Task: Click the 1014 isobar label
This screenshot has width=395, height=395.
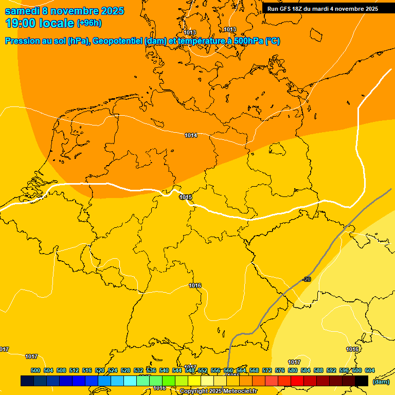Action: [x=191, y=135]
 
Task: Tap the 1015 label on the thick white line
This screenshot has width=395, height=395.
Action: [x=186, y=197]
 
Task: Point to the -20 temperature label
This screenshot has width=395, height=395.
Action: [x=307, y=279]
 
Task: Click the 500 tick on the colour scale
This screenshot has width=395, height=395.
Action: [x=35, y=370]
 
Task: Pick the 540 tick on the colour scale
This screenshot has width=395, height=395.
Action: [x=164, y=370]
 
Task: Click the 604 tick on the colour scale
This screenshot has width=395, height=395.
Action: [x=370, y=370]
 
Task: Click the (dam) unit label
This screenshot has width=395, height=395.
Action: [x=381, y=382]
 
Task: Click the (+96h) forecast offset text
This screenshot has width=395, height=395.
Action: [x=89, y=23]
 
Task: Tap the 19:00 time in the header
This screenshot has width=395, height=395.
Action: [x=22, y=23]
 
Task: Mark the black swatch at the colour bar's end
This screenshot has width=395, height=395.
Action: [x=362, y=381]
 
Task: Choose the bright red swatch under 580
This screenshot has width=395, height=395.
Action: [x=297, y=381]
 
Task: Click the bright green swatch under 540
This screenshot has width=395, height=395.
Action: [x=169, y=381]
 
